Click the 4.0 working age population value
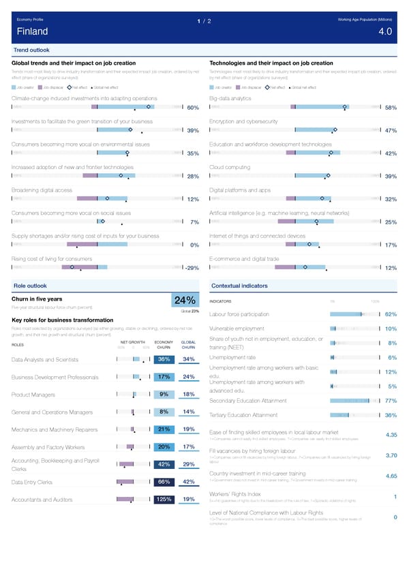pos(384,31)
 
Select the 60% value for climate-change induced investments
pos(193,108)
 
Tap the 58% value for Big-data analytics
pos(391,108)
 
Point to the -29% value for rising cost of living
pos(191,268)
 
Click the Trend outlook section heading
pos(31,50)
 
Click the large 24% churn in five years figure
pos(186,301)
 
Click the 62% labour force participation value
pos(391,314)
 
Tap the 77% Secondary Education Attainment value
pos(391,401)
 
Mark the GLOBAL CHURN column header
pos(190,346)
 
